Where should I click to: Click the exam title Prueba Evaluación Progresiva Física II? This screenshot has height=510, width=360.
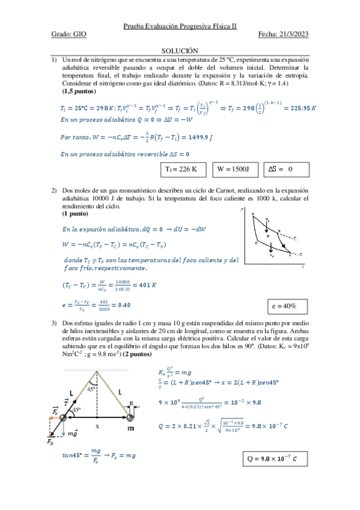click(180, 26)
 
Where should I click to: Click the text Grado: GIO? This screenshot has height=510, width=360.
click(69, 35)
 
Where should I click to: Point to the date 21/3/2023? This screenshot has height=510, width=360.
click(291, 35)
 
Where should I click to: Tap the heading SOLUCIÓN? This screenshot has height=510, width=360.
click(180, 52)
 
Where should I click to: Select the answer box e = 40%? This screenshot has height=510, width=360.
click(287, 307)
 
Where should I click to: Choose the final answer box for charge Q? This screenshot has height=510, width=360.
click(272, 459)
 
